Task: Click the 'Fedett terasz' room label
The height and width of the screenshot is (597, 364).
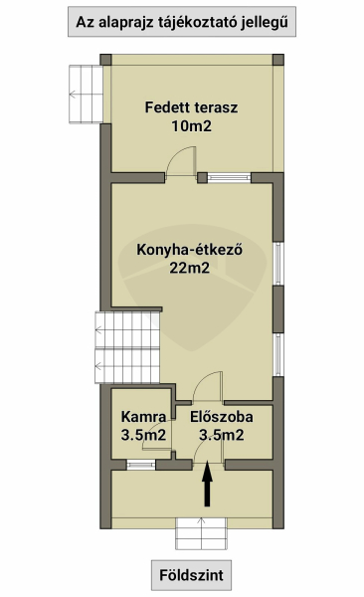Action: [x=191, y=107]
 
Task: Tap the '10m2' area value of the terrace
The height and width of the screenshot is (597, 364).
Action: [x=191, y=126]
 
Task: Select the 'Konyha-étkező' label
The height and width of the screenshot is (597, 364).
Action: [x=190, y=250]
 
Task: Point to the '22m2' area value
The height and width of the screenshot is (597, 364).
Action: [x=190, y=268]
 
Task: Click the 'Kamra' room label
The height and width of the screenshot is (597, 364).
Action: [x=143, y=417]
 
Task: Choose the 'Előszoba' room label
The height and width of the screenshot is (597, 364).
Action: [x=222, y=417]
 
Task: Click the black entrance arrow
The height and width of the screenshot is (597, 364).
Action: [x=207, y=484]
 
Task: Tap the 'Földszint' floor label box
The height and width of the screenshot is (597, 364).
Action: [x=191, y=575]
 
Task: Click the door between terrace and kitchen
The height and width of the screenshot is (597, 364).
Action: [x=181, y=162]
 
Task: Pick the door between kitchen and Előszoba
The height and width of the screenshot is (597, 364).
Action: [x=208, y=387]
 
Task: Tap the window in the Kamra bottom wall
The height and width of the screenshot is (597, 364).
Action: [x=141, y=465]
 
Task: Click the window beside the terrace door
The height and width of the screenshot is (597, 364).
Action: [x=229, y=177]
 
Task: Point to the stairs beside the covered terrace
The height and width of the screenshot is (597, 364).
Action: [x=87, y=95]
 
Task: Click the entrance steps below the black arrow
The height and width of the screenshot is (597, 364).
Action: [x=202, y=533]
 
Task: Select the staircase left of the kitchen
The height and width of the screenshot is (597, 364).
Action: [x=127, y=347]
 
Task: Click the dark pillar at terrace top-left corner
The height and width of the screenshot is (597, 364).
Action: [x=105, y=60]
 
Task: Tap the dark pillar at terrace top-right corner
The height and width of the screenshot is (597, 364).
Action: [x=278, y=60]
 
